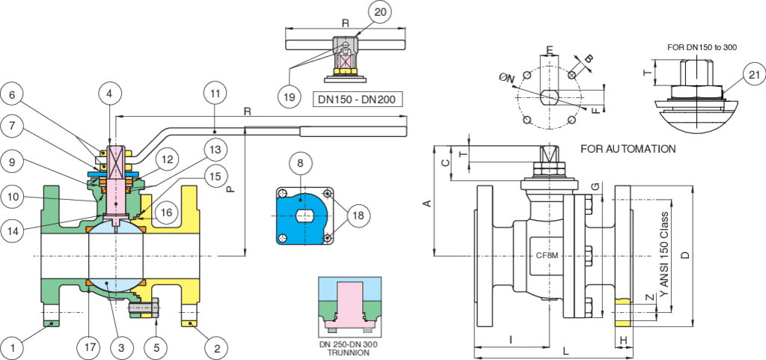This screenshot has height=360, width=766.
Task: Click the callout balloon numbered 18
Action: [357, 215]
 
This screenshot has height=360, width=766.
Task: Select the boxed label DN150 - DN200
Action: [355, 97]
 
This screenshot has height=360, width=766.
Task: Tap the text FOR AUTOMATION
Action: [628, 149]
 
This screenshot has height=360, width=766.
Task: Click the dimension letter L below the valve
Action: [566, 350]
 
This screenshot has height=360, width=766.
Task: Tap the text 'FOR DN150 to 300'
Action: [702, 47]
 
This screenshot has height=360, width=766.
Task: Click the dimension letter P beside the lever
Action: [231, 190]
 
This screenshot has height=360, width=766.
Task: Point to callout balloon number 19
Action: [288, 97]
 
